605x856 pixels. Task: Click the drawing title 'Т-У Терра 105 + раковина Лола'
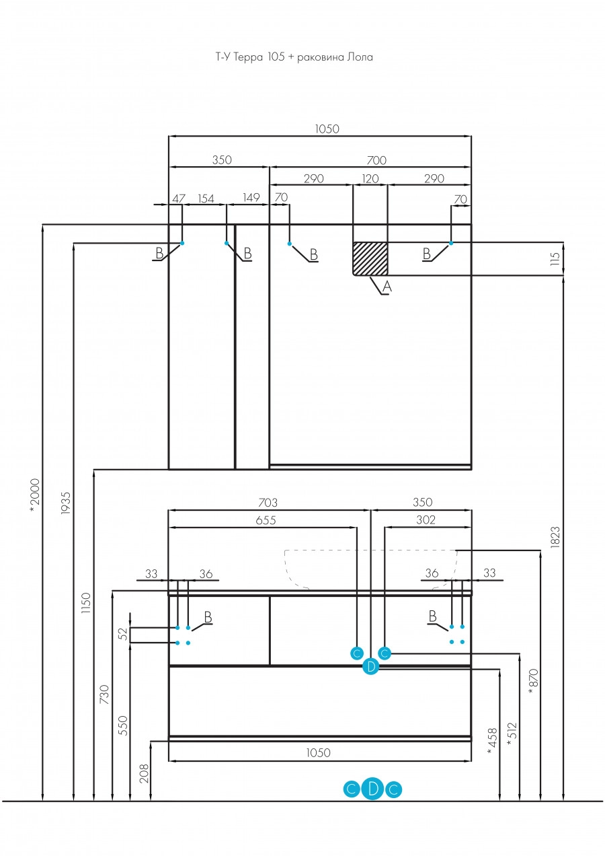coord(294,57)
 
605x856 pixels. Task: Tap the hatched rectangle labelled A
coord(370,258)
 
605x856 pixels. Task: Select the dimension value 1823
coord(555,537)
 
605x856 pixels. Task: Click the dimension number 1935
coord(66,503)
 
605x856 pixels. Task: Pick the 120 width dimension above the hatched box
coord(370,178)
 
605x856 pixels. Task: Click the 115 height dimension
coord(555,258)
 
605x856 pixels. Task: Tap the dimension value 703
coord(268,502)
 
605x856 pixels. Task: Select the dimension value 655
coord(266,520)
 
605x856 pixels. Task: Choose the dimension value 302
coord(426,520)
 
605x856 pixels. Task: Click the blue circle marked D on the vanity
coord(370,667)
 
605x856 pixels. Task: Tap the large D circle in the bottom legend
coord(373,788)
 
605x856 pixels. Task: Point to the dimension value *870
coord(534,682)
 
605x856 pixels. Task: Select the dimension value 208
coord(144,773)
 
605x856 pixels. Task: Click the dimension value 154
coord(206,199)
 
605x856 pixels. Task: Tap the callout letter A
coord(387,286)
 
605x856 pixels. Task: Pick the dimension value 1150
coord(87,603)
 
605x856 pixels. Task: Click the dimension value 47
coord(179,199)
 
